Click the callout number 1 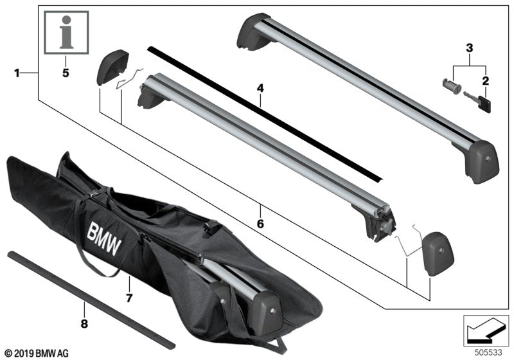coord(17,74)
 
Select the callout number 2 coord(486,80)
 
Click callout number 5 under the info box coord(64,73)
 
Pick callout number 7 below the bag coord(128,298)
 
